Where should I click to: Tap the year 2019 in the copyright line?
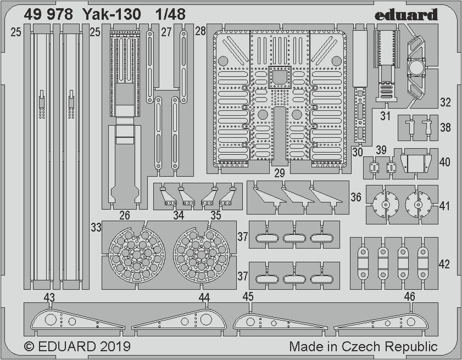(115, 346)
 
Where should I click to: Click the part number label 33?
(96, 227)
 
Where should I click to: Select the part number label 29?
(280, 173)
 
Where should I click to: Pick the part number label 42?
(444, 264)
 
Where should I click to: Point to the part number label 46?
(409, 296)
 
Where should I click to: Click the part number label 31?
(385, 116)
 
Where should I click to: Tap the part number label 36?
(356, 197)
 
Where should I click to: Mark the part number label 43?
(49, 296)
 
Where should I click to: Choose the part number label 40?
(444, 162)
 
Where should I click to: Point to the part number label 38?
(445, 127)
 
